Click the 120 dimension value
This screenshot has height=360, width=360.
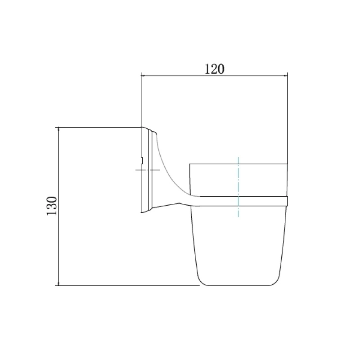point(214,69)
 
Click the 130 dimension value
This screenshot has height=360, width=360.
point(52,206)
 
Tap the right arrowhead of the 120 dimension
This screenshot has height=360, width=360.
point(285,75)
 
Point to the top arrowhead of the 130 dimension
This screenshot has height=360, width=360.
point(58,129)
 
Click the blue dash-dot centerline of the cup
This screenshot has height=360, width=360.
point(238,187)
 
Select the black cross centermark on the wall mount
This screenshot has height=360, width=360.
point(148,170)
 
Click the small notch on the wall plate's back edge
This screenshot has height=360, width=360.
point(142,161)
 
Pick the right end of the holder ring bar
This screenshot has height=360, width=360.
point(288,201)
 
